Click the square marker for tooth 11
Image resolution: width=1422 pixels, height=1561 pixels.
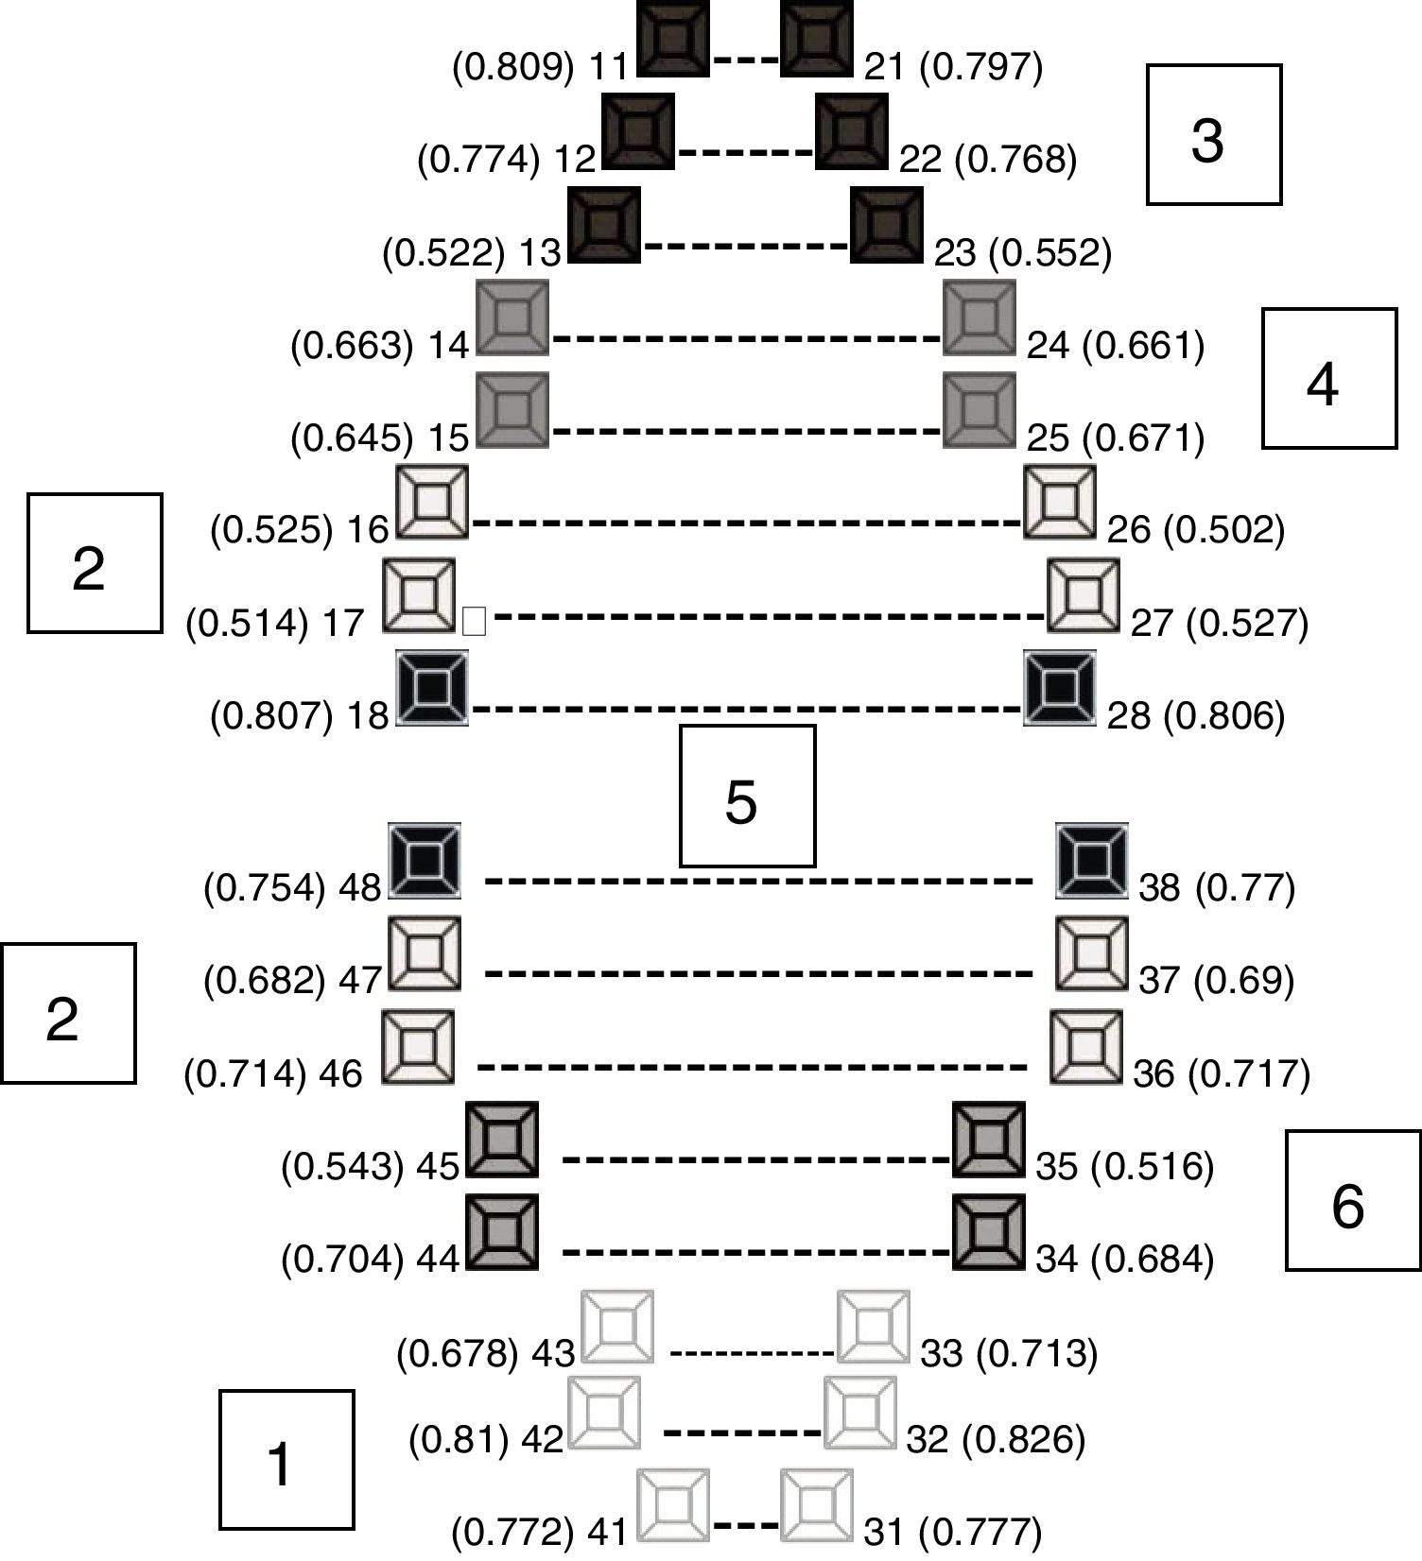pos(673,40)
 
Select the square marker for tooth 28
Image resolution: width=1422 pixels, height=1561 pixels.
pos(1061,687)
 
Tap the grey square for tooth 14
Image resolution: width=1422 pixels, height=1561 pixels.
pos(512,317)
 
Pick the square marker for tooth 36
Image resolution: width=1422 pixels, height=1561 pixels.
pos(1086,1047)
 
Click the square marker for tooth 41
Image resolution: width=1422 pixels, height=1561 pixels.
pos(672,1505)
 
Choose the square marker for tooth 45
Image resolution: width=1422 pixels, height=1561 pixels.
pos(503,1140)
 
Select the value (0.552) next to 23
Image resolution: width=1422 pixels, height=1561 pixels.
pos(1055,253)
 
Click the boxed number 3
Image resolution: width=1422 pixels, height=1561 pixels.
pos(1214,134)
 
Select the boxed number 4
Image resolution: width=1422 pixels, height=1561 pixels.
pos(1329,378)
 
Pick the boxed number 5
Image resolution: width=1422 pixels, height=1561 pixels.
pos(747,796)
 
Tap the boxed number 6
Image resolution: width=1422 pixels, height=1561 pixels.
pos(1353,1200)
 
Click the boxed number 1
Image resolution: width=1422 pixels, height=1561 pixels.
pos(286,1460)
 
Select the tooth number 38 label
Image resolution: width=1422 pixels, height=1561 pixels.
pos(1159,888)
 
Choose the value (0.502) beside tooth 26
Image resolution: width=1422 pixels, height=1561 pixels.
pos(1223,530)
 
